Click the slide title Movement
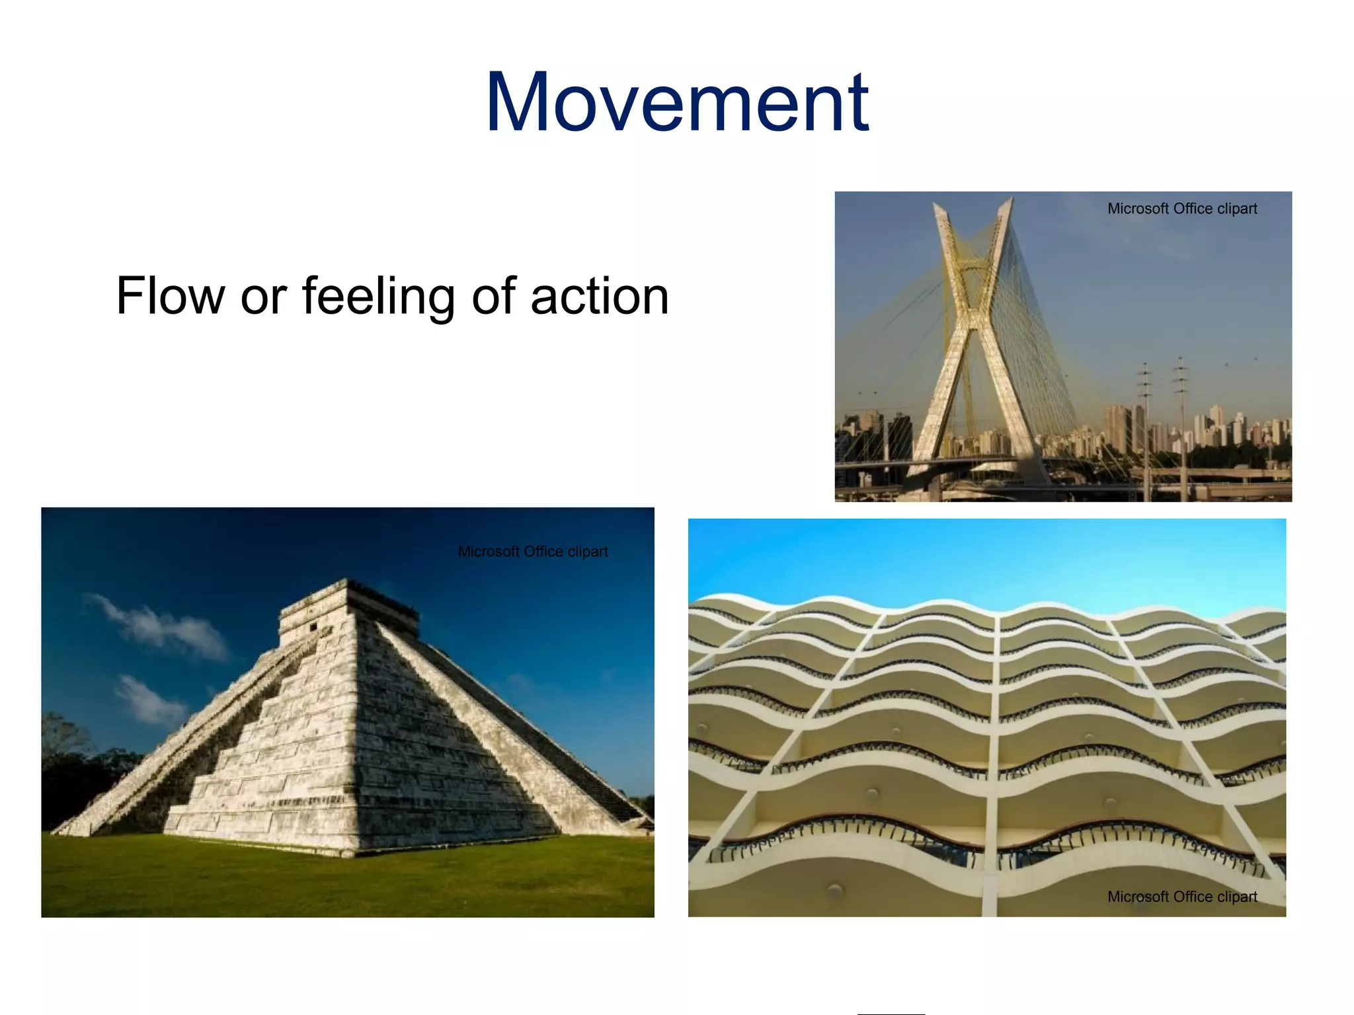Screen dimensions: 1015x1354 coord(676,103)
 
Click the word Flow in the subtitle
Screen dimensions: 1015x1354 coord(171,296)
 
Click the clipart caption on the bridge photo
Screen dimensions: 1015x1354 coord(1181,209)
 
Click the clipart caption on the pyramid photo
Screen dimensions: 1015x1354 coord(533,551)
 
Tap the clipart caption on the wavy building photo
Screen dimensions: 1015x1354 coord(1181,897)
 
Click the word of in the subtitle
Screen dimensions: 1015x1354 coord(493,296)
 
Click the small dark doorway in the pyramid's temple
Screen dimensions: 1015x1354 coord(313,627)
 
